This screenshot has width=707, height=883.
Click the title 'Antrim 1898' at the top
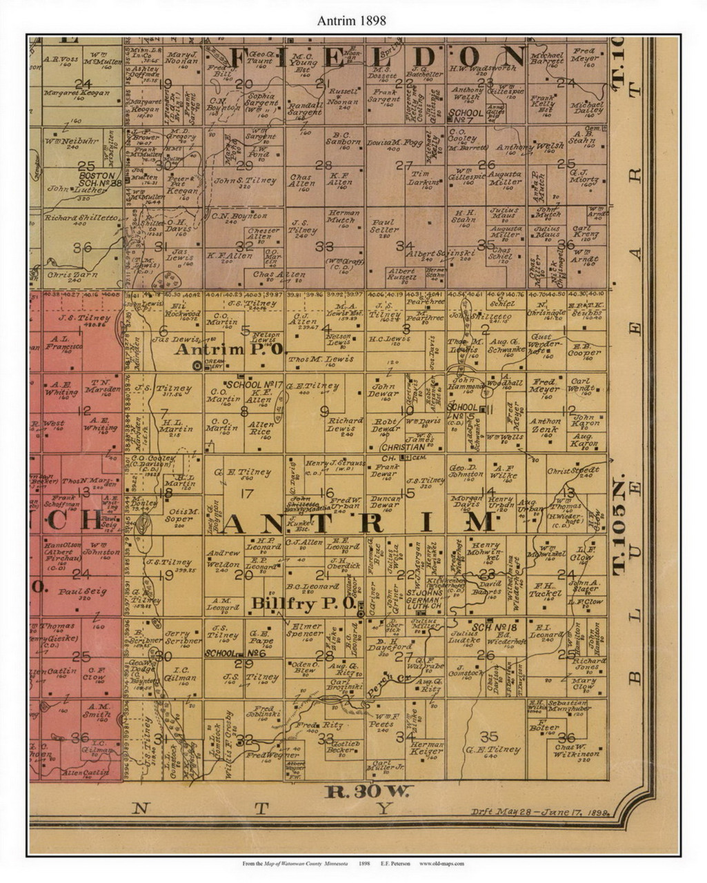click(352, 21)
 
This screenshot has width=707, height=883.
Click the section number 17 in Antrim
click(244, 493)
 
